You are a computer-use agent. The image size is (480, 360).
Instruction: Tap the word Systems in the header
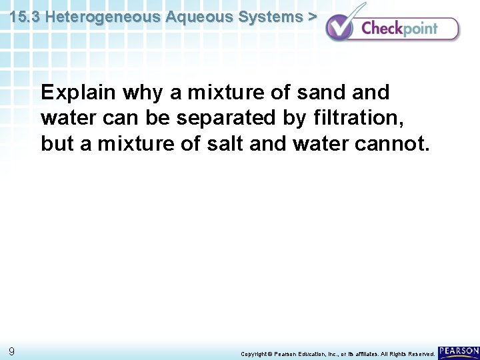point(273,17)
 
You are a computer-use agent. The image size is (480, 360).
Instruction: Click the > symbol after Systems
point(311,17)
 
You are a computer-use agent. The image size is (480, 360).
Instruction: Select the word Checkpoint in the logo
point(399,29)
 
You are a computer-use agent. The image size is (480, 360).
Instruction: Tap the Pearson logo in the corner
point(459,351)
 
